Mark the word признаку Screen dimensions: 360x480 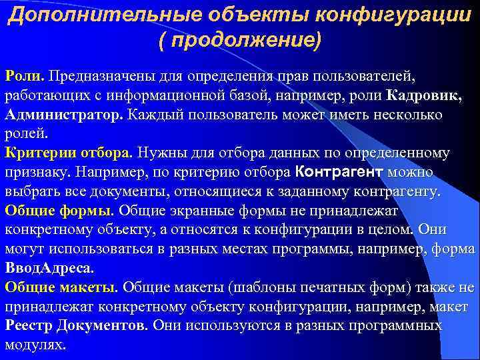tap(37, 173)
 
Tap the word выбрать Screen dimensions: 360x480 tap(32, 192)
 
